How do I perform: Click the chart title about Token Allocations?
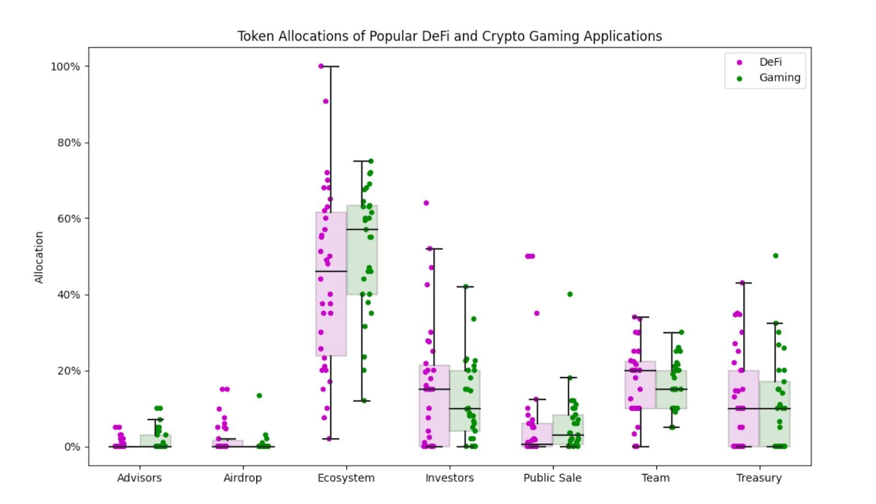click(x=449, y=36)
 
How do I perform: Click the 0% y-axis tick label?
click(x=72, y=447)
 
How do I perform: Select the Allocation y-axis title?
click(x=39, y=257)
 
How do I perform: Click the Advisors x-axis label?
click(x=139, y=478)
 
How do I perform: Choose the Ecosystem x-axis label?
click(x=346, y=478)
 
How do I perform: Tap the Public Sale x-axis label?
click(x=552, y=478)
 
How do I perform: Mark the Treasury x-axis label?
click(x=759, y=478)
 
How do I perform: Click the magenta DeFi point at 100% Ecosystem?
click(x=321, y=66)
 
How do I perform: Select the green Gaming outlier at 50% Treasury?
click(x=775, y=256)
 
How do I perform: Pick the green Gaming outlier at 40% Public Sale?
click(x=570, y=294)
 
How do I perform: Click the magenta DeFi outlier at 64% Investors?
click(x=426, y=203)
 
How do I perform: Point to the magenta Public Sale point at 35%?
click(x=537, y=314)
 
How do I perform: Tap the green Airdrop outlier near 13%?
click(x=259, y=396)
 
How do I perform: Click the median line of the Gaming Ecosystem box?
click(x=362, y=229)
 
